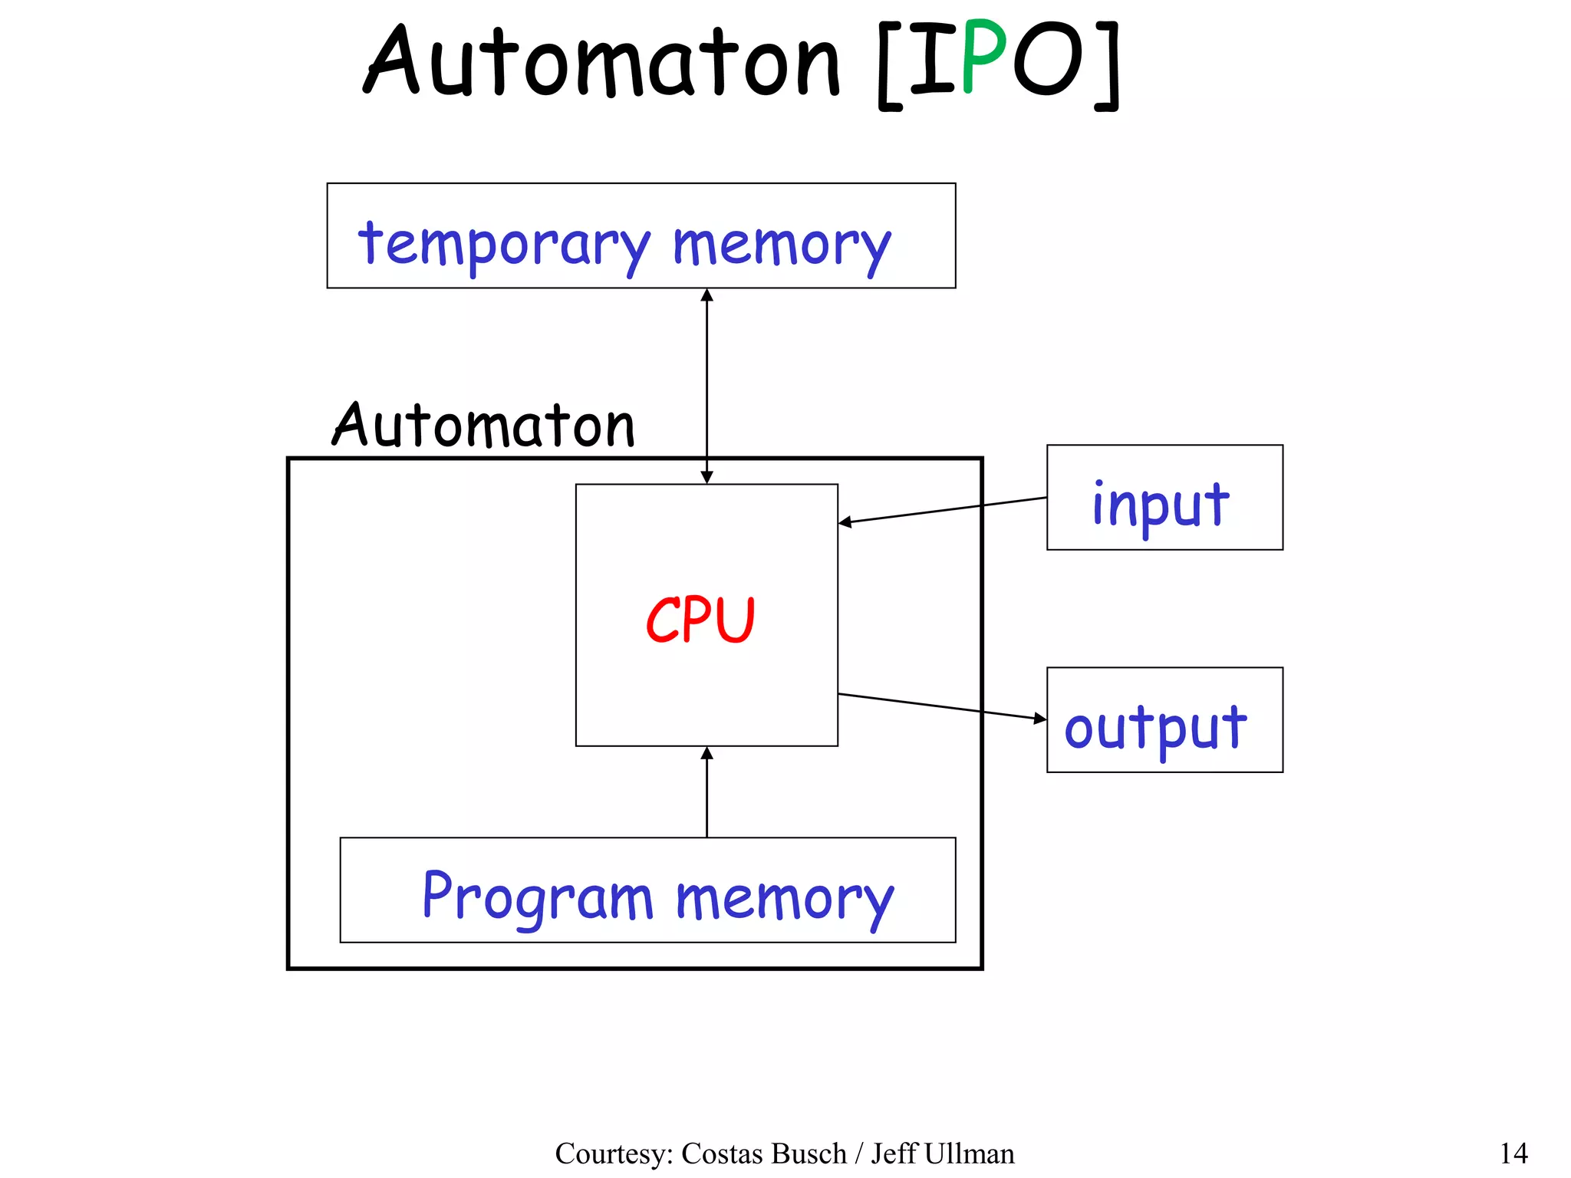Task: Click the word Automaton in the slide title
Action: [603, 61]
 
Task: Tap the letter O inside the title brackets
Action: [1049, 60]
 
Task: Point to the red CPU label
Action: [700, 620]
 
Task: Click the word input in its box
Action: [1160, 505]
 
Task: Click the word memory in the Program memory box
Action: [784, 899]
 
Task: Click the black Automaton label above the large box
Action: [484, 426]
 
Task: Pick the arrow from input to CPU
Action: [944, 510]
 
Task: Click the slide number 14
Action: [1513, 1153]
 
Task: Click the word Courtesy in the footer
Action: [614, 1153]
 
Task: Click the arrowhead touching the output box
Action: [1040, 719]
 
